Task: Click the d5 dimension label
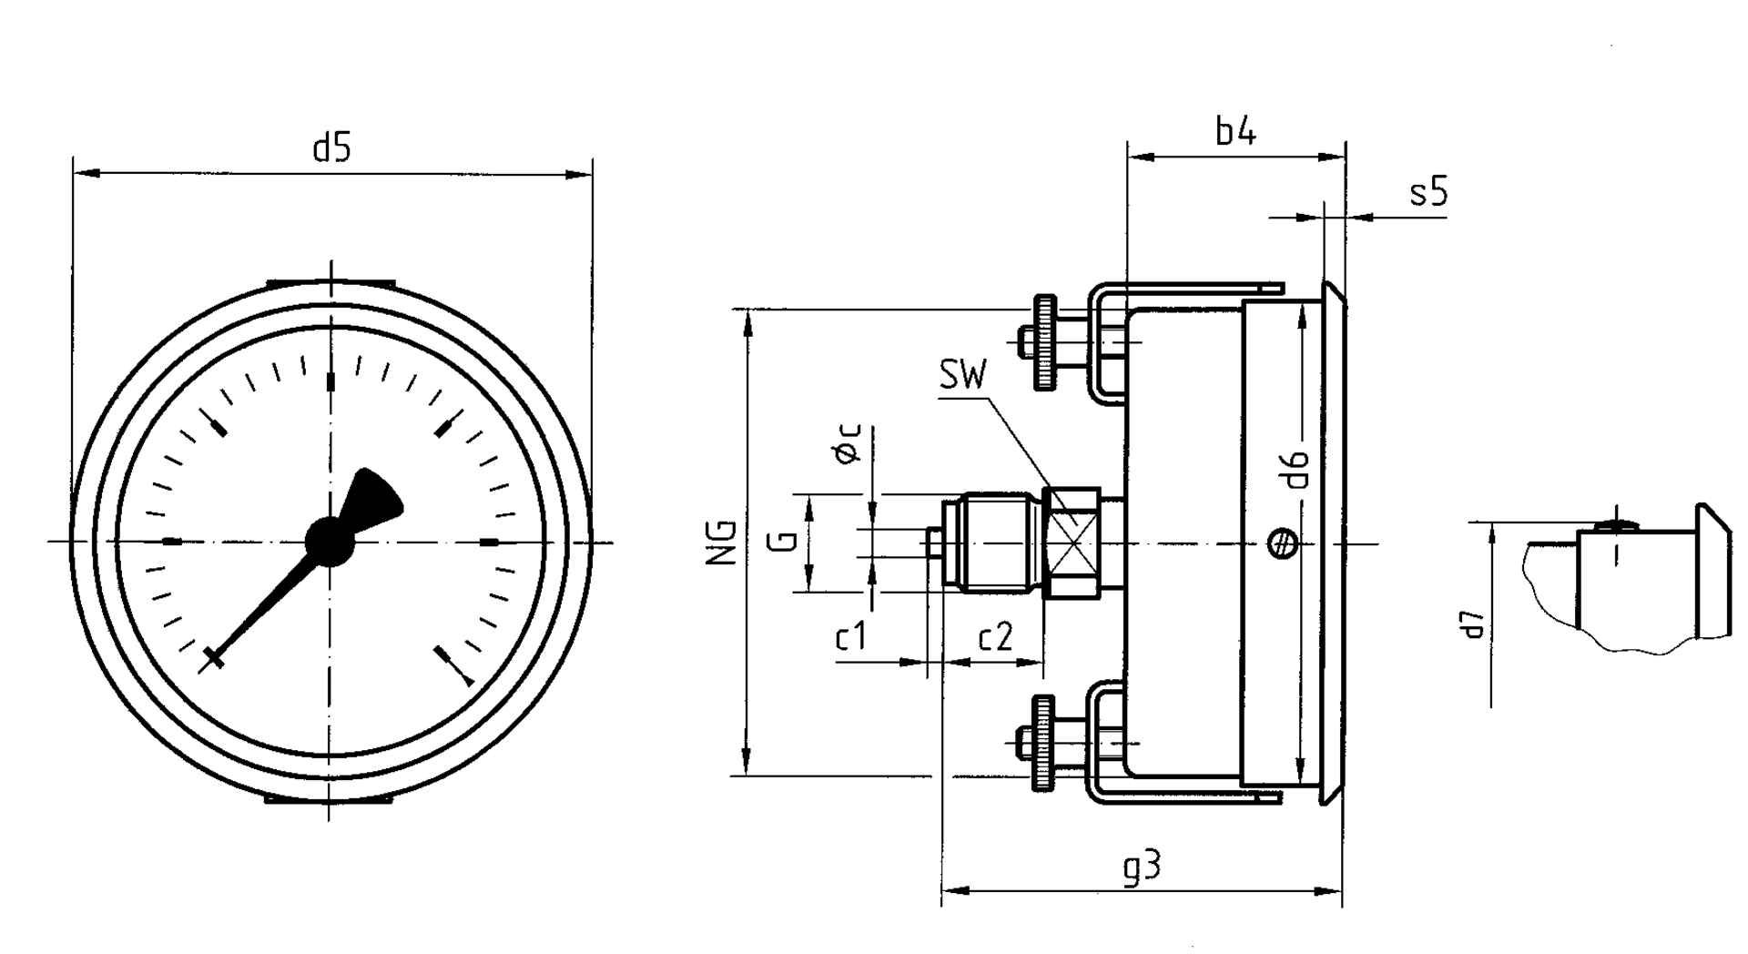click(331, 147)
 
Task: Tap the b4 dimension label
click(1235, 133)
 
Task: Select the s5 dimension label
click(1428, 193)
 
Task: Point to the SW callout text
click(962, 375)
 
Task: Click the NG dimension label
click(722, 543)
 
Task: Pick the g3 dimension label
click(1142, 867)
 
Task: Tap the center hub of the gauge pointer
click(329, 542)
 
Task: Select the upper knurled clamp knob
click(1044, 342)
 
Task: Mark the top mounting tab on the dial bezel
click(330, 284)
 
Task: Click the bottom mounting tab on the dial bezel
click(329, 799)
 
